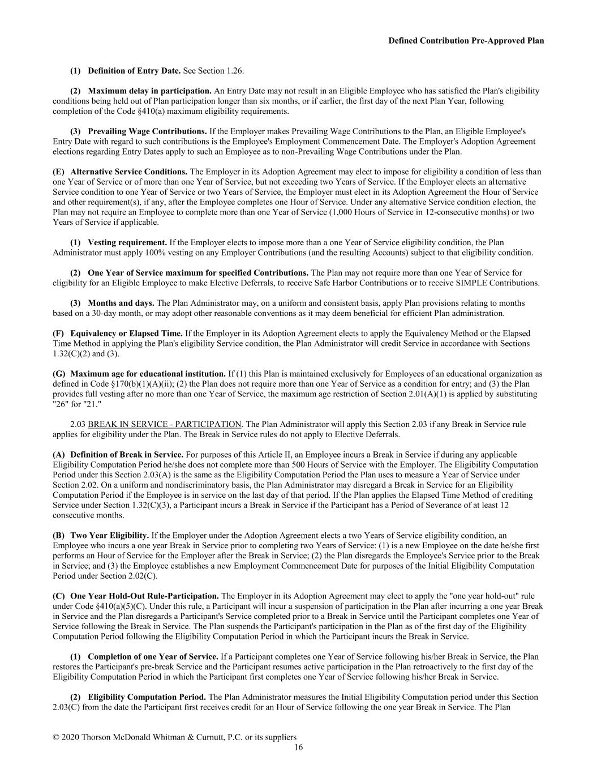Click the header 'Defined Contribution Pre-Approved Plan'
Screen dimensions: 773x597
[466, 41]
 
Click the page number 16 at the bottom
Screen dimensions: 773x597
[298, 748]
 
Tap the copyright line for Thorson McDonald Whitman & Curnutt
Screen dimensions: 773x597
[174, 737]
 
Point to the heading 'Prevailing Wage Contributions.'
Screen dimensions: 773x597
[147, 131]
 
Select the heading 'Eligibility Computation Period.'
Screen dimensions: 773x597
[147, 697]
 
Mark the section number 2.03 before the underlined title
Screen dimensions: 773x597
[78, 424]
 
